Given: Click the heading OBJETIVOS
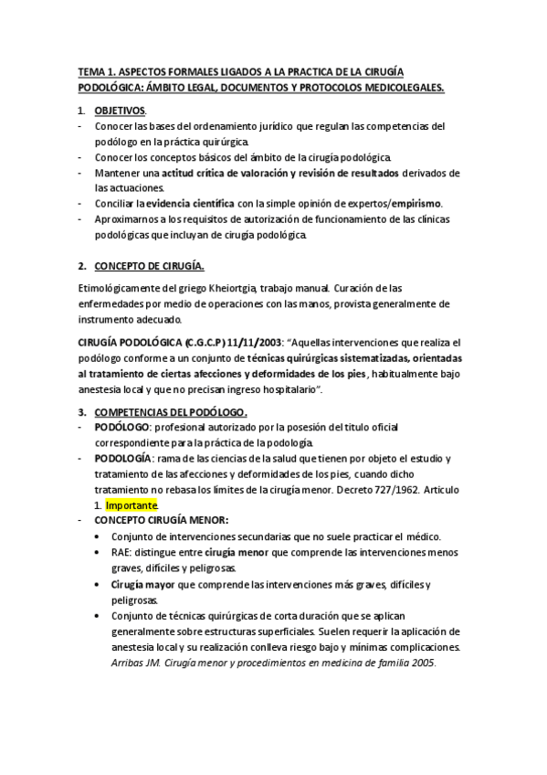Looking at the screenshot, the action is [x=120, y=111].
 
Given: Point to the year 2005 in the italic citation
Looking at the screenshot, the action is [x=423, y=664].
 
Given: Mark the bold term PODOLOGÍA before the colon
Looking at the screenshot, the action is [x=123, y=458].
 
